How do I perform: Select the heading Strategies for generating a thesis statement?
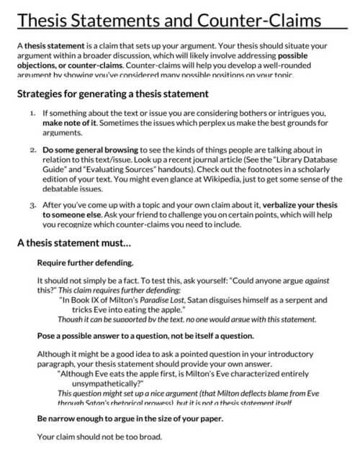113,94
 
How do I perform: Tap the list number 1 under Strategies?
32,114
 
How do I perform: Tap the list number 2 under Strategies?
32,149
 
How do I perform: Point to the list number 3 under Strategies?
32,205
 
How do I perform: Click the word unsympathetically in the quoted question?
109,384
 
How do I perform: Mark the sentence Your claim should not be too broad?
99,437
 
